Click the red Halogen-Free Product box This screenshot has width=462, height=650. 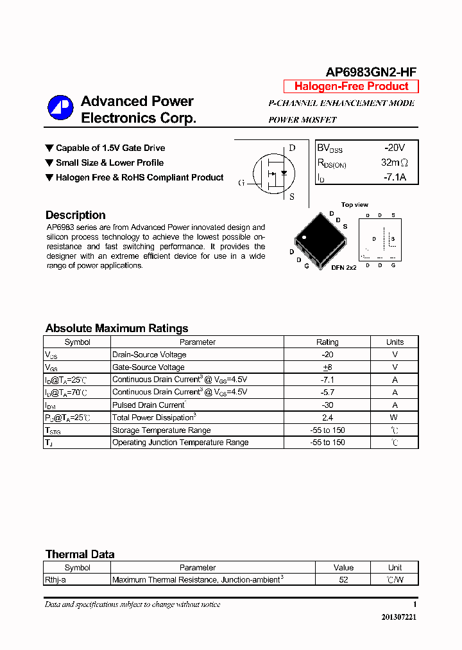[x=351, y=87]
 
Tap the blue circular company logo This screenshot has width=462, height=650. [x=61, y=108]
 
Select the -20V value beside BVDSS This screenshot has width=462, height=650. [x=394, y=148]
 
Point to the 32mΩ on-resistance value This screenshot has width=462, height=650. [x=394, y=163]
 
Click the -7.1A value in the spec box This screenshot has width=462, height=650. [x=394, y=177]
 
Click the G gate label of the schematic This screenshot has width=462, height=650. [x=241, y=183]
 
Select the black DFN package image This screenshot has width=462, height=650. [x=318, y=238]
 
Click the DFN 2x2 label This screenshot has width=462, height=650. [x=343, y=267]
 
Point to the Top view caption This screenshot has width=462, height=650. [x=354, y=205]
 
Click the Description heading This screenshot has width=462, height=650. [x=76, y=215]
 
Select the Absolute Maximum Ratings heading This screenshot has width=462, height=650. [x=117, y=328]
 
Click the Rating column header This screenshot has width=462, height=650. [x=327, y=342]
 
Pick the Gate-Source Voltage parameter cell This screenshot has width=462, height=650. [x=148, y=367]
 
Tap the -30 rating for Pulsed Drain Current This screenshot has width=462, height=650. [x=327, y=405]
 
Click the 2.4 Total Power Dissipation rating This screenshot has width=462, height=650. [x=327, y=417]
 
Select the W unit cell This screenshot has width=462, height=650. [x=395, y=417]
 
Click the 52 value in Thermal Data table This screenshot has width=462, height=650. [x=343, y=579]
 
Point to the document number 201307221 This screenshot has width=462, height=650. [x=398, y=617]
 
